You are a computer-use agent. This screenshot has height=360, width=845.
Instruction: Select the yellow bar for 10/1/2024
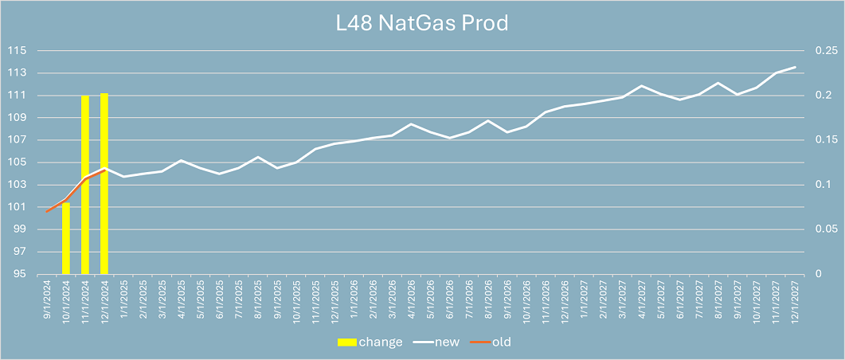(x=65, y=238)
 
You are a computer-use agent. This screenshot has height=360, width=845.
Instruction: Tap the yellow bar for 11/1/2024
(x=84, y=184)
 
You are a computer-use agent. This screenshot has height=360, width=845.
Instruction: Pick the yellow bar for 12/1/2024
(x=104, y=183)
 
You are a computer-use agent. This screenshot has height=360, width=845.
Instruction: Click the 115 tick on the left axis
(x=17, y=50)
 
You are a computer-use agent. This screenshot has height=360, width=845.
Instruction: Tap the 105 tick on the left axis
(x=17, y=162)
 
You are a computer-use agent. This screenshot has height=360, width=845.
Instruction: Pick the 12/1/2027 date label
(x=795, y=302)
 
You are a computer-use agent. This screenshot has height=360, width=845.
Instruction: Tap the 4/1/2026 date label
(x=411, y=302)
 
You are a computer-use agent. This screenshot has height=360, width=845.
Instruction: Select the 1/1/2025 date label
(x=123, y=302)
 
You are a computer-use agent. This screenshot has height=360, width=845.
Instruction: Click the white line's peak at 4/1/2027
(x=641, y=85)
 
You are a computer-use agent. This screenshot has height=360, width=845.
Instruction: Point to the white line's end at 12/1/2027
(x=795, y=67)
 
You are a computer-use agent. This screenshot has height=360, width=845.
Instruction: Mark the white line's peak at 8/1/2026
(x=487, y=120)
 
